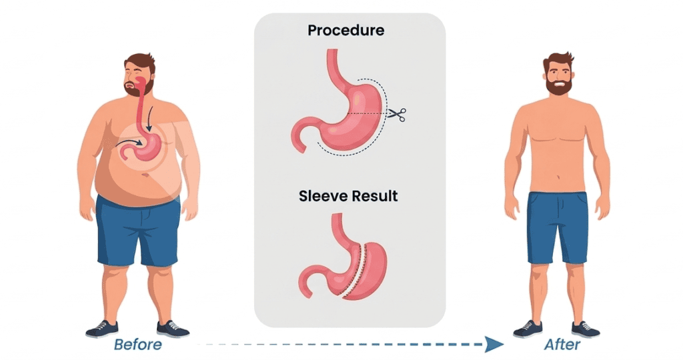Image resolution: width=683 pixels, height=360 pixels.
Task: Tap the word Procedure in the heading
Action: (x=346, y=30)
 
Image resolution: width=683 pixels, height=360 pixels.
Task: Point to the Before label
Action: (x=137, y=345)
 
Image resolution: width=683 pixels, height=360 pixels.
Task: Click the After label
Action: (x=562, y=345)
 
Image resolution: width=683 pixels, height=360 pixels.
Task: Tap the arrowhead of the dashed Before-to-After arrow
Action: (x=494, y=344)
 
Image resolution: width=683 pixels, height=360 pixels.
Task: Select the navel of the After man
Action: (x=558, y=177)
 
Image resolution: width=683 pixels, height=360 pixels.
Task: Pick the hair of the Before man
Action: (x=140, y=61)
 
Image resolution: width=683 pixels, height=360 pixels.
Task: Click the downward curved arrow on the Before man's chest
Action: (x=149, y=119)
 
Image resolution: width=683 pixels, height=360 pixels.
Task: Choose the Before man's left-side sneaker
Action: (x=102, y=329)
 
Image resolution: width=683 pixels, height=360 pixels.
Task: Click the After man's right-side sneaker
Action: (x=586, y=329)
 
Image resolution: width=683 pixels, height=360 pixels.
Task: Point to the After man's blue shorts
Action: (x=557, y=227)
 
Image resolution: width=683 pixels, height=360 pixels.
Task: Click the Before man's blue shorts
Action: (x=138, y=231)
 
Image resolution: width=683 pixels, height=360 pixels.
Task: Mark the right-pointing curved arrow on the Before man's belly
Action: (x=129, y=143)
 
